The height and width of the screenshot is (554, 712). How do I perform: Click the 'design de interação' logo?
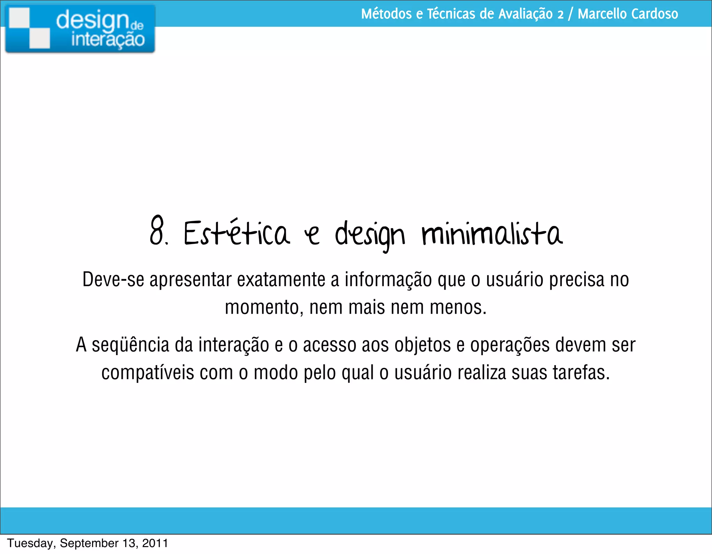coord(80,29)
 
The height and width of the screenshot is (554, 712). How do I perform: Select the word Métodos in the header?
coord(386,14)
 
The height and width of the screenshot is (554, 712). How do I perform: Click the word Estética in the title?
coord(236,232)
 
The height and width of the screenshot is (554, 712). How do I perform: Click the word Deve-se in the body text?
coord(113,279)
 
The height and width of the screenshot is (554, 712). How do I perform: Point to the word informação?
coord(388,280)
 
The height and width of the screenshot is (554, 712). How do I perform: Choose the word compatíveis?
coord(148,373)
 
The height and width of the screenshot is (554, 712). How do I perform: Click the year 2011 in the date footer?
coord(155,543)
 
